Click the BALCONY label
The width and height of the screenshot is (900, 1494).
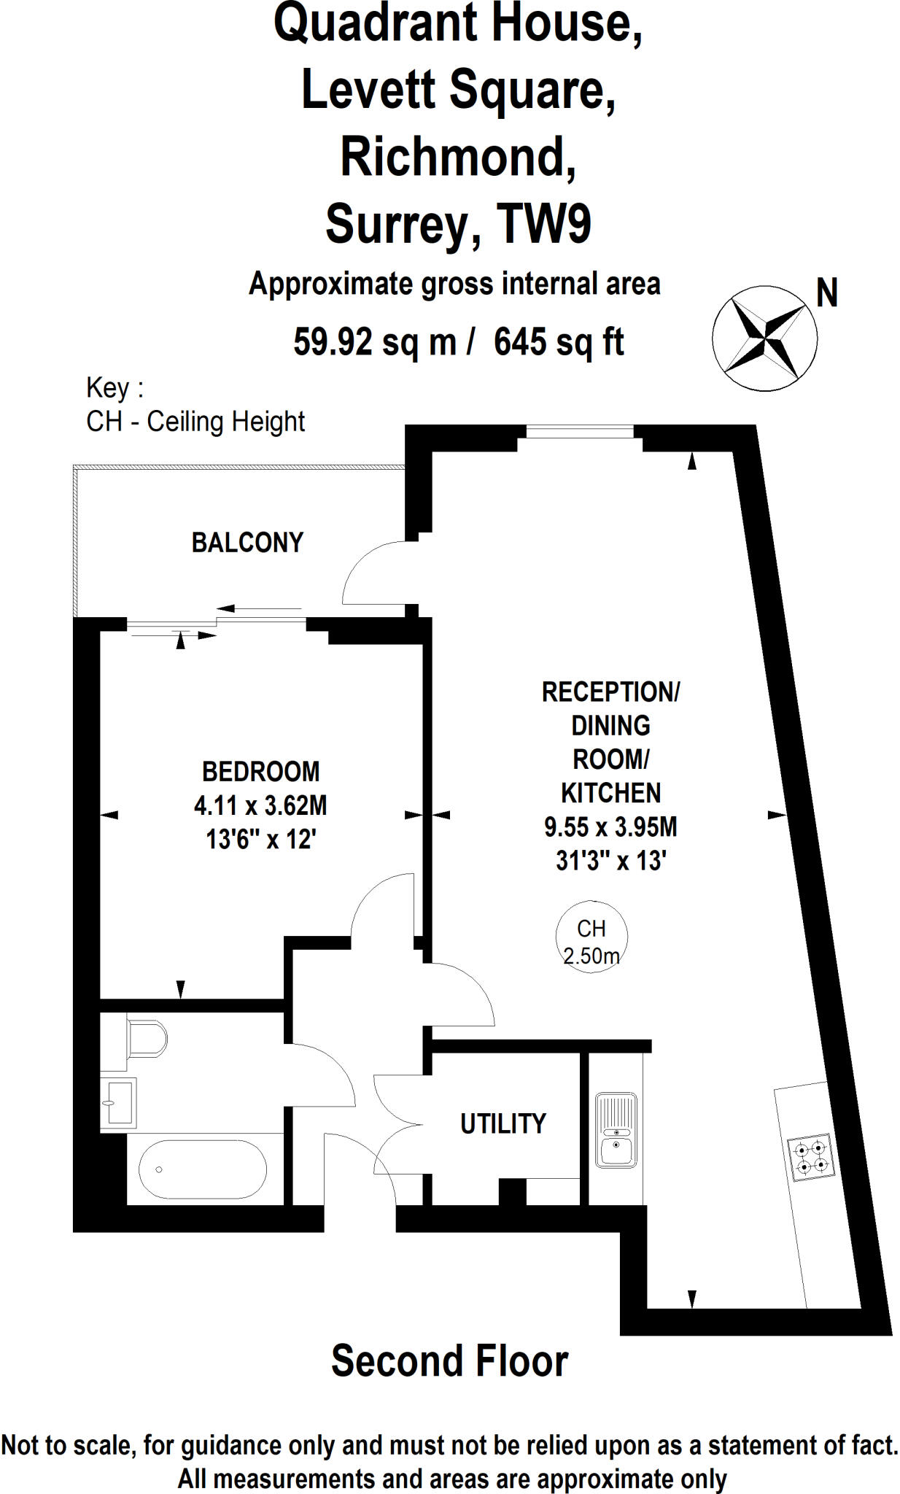click(247, 543)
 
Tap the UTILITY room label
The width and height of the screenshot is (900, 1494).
click(503, 1124)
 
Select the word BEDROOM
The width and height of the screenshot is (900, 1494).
click(260, 772)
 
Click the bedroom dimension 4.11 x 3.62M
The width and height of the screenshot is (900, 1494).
click(260, 806)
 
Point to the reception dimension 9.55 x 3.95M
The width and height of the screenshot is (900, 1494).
click(610, 827)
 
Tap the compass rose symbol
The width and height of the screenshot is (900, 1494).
click(764, 338)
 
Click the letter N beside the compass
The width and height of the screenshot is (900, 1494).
click(826, 294)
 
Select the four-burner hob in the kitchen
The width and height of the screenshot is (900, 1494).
click(812, 1158)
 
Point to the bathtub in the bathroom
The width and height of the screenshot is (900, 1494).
click(202, 1169)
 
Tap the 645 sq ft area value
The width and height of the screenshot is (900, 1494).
click(559, 341)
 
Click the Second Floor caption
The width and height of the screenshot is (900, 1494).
click(449, 1361)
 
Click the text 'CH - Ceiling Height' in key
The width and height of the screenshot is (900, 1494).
click(195, 422)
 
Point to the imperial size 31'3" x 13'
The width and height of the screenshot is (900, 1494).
click(611, 861)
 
